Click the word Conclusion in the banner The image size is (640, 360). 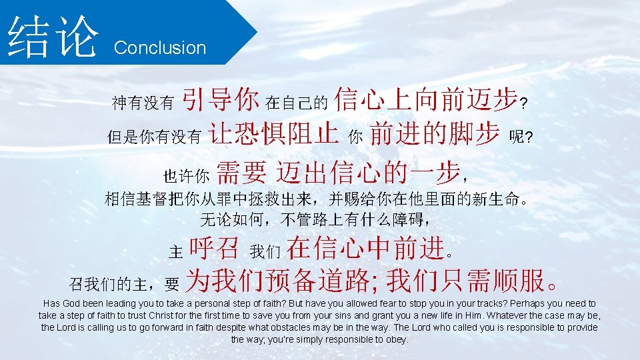(x=160, y=48)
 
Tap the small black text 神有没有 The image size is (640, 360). (x=142, y=103)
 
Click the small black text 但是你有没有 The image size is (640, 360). (x=154, y=137)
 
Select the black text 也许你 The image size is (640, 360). (x=187, y=176)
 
